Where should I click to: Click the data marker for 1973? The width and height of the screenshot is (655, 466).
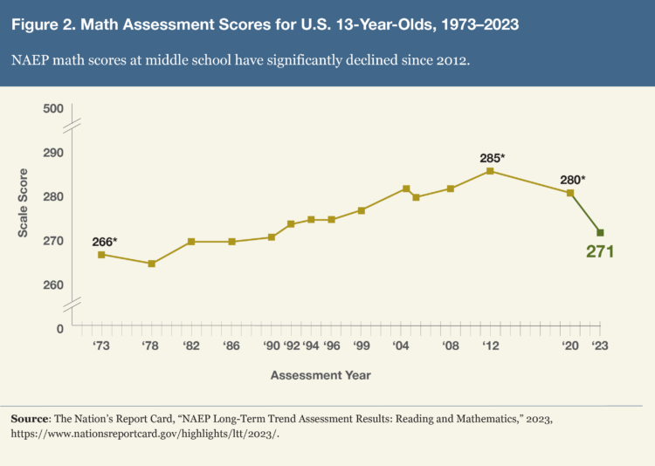coord(101,255)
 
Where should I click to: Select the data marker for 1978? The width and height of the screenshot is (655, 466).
coord(151,264)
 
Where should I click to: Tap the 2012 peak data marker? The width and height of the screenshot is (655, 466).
coord(490,171)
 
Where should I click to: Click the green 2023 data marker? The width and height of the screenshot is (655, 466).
coord(600,233)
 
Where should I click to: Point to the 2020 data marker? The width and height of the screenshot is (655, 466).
coord(570,193)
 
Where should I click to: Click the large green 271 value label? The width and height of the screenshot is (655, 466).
coord(600,252)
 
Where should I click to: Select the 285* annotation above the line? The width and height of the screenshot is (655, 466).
coord(493,158)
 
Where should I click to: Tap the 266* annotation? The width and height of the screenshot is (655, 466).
coord(105,241)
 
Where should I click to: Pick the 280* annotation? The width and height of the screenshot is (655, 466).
coord(572,180)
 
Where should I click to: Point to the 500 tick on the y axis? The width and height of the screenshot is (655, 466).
coord(54,109)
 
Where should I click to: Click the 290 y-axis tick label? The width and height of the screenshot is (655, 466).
coord(54,153)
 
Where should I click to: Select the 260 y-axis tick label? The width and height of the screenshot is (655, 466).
coord(54,285)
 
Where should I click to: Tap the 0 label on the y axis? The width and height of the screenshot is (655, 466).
coord(60,329)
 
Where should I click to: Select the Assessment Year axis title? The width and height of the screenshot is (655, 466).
coord(321,375)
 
